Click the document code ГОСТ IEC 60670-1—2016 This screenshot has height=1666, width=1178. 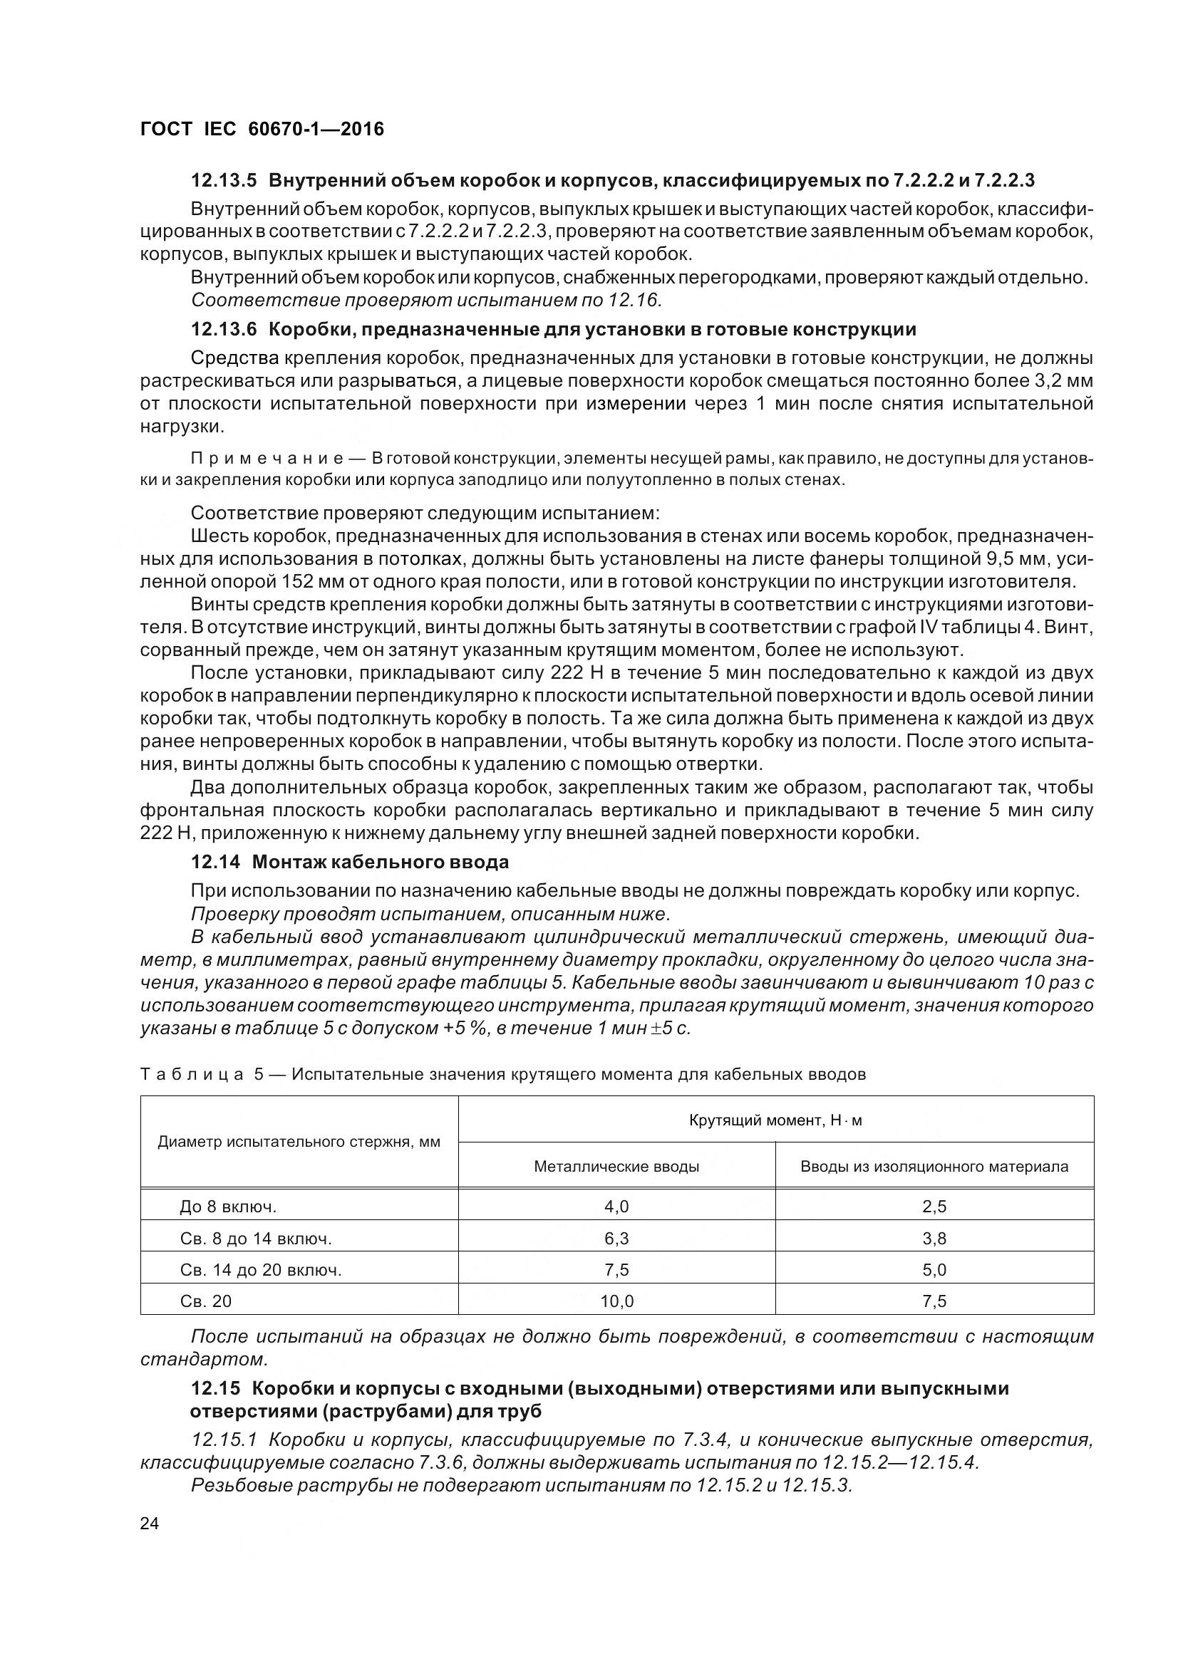[262, 129]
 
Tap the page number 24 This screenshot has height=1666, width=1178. [150, 1523]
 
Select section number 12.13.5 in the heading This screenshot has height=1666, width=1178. [224, 179]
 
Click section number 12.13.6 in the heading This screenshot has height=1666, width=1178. [224, 330]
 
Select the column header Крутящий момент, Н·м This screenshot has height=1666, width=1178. [775, 1120]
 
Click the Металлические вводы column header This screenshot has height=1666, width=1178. [616, 1167]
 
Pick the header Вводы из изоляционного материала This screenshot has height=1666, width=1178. [934, 1167]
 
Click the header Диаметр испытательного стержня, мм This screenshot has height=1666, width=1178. [299, 1142]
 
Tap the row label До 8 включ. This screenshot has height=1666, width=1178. [228, 1207]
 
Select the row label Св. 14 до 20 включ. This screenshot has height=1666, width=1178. [261, 1270]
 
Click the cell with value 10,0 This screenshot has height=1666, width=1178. [616, 1302]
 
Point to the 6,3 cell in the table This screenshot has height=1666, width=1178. [616, 1239]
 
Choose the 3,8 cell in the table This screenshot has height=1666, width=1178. [934, 1239]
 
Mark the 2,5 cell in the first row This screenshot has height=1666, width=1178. [934, 1207]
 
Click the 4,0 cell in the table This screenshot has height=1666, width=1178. [616, 1207]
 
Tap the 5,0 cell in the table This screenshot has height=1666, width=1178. [934, 1270]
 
